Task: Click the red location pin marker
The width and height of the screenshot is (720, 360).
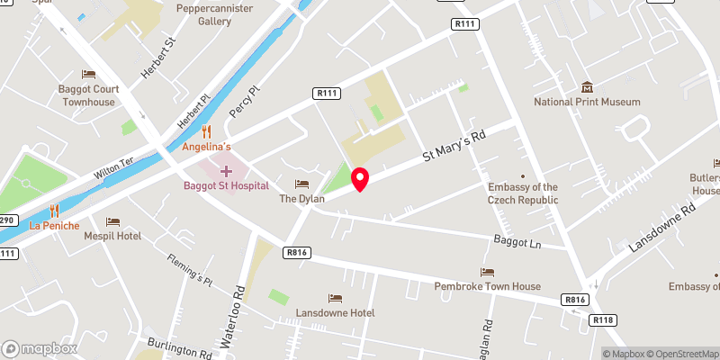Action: tap(360, 179)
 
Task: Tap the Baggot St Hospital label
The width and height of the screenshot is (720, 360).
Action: tap(225, 185)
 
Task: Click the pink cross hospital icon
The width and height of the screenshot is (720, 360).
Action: tap(225, 170)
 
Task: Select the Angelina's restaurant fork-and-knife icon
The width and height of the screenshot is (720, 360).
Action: tap(207, 131)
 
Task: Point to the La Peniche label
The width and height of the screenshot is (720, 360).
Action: tap(54, 225)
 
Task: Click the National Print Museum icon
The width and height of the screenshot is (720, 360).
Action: tap(587, 87)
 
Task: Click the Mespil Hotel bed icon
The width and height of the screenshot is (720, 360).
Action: tap(112, 221)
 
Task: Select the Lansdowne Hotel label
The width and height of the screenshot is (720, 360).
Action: tap(335, 312)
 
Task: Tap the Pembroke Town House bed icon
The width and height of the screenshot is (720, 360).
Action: tap(488, 272)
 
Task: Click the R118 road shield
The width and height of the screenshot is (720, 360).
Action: tap(602, 319)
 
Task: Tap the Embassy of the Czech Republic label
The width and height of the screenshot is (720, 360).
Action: tap(523, 193)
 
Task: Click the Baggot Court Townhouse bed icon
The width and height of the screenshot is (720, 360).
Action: tap(88, 74)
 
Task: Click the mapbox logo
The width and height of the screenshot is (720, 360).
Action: tap(39, 348)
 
